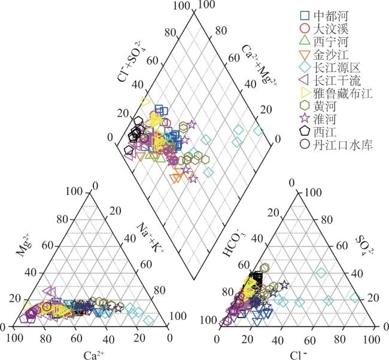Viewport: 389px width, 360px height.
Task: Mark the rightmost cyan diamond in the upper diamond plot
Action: (x=259, y=130)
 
